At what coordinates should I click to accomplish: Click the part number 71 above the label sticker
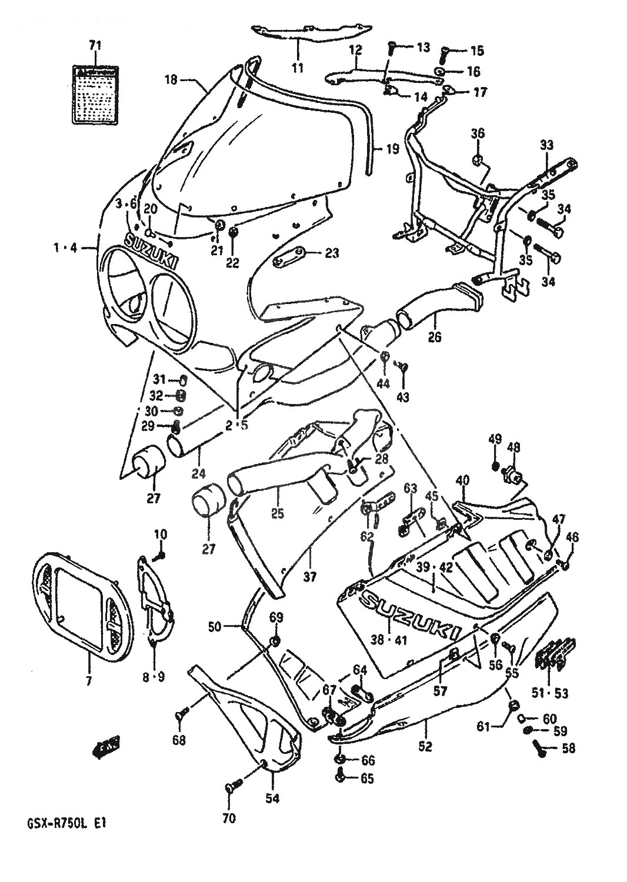point(95,45)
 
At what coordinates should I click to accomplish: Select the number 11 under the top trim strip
point(298,68)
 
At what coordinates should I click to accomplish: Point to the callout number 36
point(478,133)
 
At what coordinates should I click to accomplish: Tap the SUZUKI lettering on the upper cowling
point(151,251)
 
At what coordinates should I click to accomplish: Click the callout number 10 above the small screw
point(161,534)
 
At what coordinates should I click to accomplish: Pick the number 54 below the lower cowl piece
point(273,798)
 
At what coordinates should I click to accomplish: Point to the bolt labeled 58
point(538,747)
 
